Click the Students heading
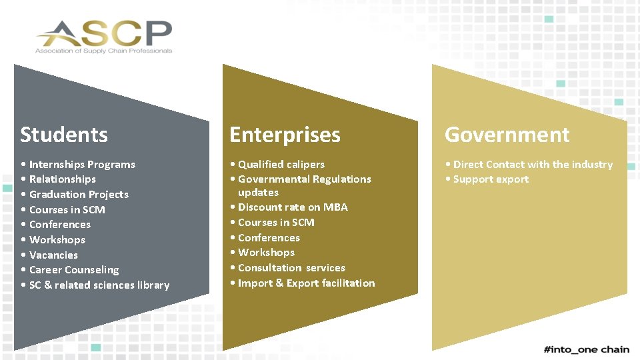64,135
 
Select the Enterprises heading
285,135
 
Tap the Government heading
507,135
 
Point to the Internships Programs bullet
82,165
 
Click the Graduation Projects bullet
79,195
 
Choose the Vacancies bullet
53,255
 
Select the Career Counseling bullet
74,270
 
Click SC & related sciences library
99,285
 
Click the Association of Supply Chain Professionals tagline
103,51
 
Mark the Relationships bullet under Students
62,179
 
